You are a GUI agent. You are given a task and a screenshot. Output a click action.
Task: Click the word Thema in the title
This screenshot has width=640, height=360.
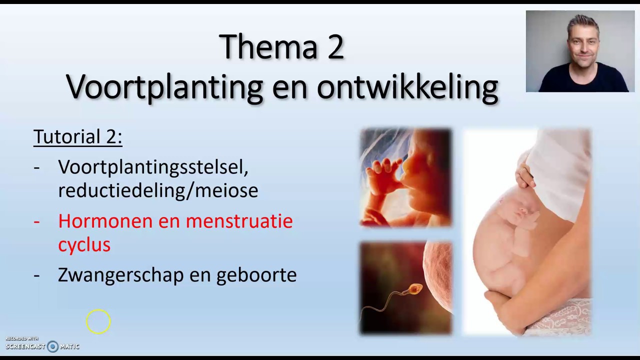pyautogui.click(x=261, y=47)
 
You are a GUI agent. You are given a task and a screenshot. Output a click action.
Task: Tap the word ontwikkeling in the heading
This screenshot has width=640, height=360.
pyautogui.click(x=407, y=87)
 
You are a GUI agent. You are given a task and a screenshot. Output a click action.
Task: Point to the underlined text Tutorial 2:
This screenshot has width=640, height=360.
pyautogui.click(x=77, y=136)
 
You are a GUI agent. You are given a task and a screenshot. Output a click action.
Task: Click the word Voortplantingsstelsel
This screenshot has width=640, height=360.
pyautogui.click(x=153, y=167)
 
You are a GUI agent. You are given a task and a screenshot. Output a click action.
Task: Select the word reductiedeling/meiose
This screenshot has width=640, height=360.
pyautogui.click(x=158, y=190)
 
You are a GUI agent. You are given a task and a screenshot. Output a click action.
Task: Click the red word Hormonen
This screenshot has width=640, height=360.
pyautogui.click(x=105, y=221)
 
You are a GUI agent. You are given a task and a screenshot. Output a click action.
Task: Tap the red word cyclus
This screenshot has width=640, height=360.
pyautogui.click(x=84, y=244)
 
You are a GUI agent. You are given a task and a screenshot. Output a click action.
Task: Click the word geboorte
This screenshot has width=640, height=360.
pyautogui.click(x=256, y=275)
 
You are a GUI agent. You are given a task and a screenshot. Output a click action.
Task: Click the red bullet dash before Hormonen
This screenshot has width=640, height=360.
pyautogui.click(x=36, y=221)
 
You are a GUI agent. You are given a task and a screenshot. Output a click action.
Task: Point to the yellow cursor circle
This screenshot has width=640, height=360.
pyautogui.click(x=98, y=321)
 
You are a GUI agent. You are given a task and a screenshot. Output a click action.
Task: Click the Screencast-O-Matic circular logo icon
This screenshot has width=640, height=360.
pyautogui.click(x=52, y=346)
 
